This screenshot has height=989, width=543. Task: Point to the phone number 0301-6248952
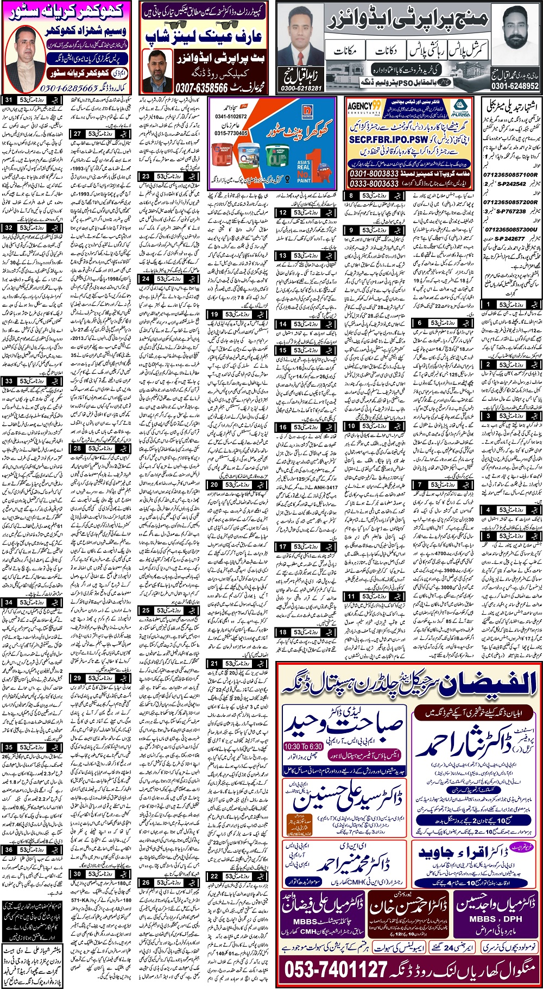click(x=515, y=86)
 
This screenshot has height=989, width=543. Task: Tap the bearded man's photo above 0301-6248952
click(x=515, y=38)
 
